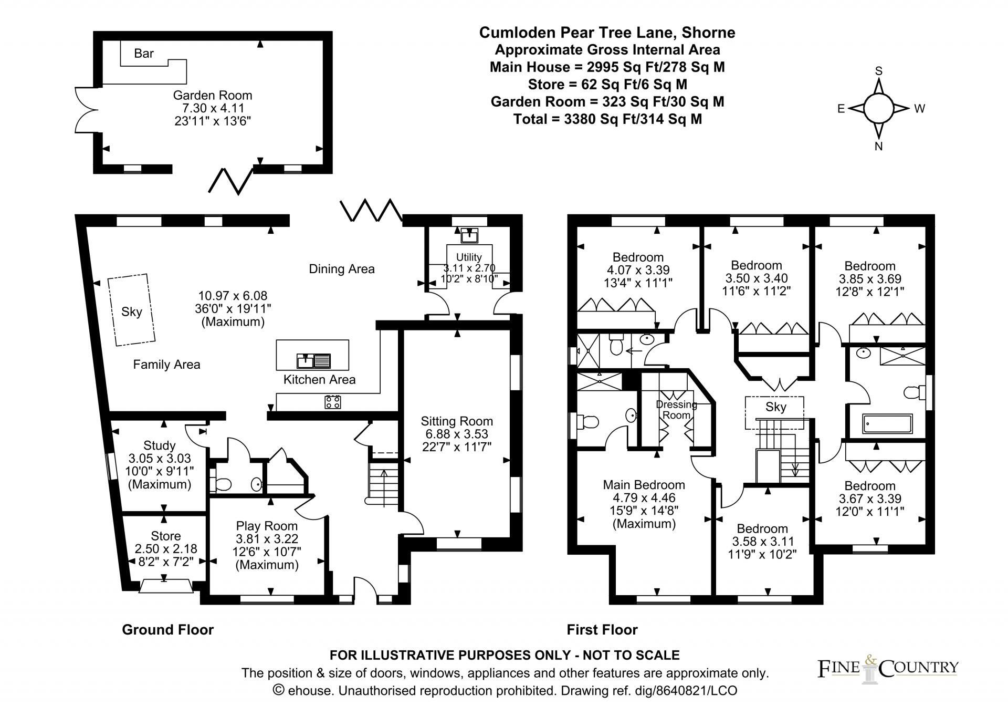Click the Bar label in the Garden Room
pyautogui.click(x=144, y=53)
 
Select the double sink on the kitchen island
pyautogui.click(x=313, y=360)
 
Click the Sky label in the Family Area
pyautogui.click(x=131, y=312)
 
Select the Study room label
pyautogui.click(x=159, y=445)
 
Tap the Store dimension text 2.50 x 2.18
pyautogui.click(x=166, y=548)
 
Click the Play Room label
pyautogui.click(x=267, y=526)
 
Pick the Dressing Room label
pyautogui.click(x=676, y=410)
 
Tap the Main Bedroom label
pyautogui.click(x=644, y=485)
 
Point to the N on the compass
pyautogui.click(x=878, y=147)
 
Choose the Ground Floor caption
pyautogui.click(x=167, y=629)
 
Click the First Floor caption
pyautogui.click(x=602, y=629)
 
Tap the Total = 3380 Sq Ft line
pyautogui.click(x=607, y=119)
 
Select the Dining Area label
pyautogui.click(x=341, y=269)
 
